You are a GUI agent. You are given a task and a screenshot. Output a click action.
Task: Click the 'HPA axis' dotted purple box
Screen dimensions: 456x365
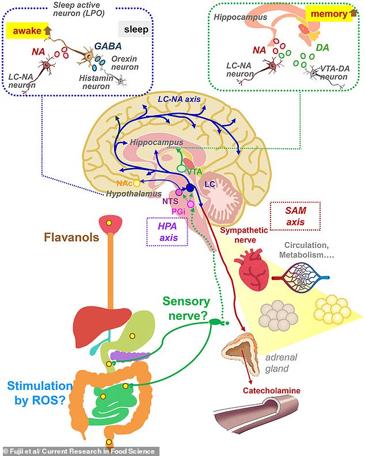tap(167, 231)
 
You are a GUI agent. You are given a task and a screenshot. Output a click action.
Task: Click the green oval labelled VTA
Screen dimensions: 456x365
tap(182, 168)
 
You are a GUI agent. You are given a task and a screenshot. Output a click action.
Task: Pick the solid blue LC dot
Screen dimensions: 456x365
tap(190, 187)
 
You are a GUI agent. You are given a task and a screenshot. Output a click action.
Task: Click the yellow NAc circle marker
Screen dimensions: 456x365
tap(136, 184)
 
